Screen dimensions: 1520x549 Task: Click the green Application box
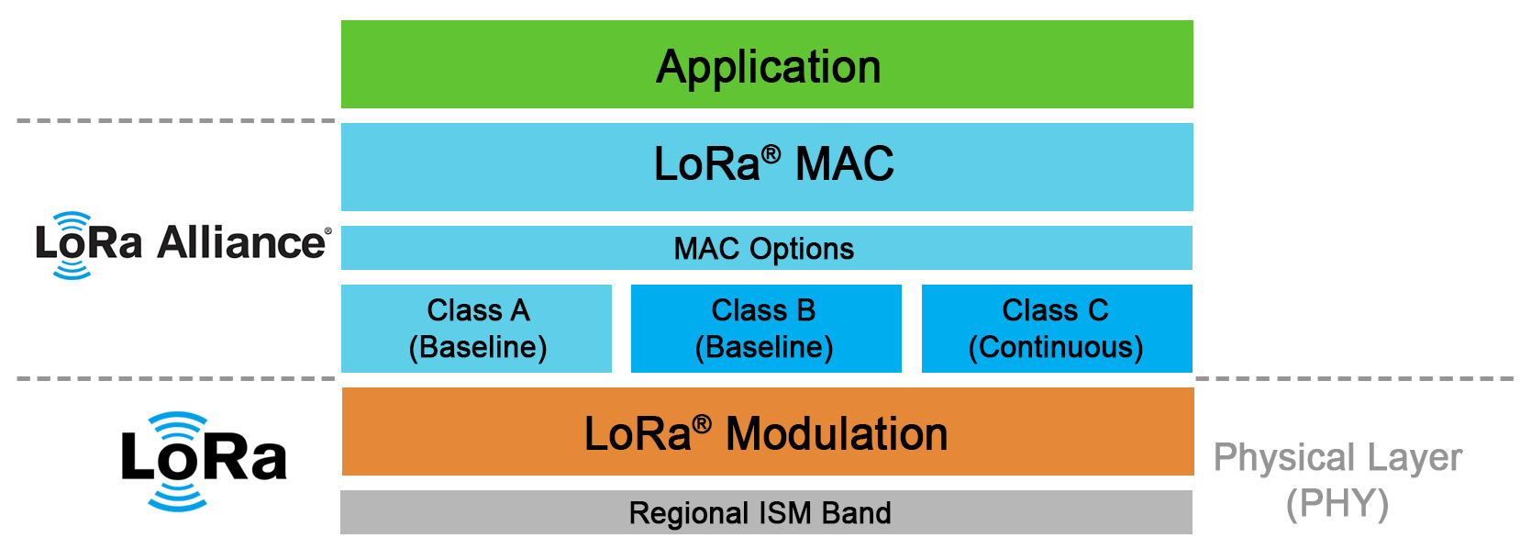tap(767, 64)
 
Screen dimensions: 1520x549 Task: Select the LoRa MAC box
tap(767, 166)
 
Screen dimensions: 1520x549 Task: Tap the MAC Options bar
tap(767, 248)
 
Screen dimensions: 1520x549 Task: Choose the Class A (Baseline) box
tap(476, 328)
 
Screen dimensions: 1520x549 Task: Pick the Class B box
tap(766, 328)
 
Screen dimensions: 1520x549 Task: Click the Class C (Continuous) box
tap(1057, 328)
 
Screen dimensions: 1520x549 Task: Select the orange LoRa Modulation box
tap(768, 431)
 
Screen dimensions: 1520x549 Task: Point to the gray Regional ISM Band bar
tap(766, 512)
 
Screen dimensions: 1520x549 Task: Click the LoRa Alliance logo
tap(183, 244)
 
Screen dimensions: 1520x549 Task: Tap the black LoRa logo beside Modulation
tap(204, 461)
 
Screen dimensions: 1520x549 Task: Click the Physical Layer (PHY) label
tap(1337, 480)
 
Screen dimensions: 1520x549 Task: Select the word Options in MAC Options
tap(802, 249)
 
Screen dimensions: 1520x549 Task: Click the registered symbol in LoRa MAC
tap(771, 154)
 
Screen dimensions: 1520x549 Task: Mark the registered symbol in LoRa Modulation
tap(702, 425)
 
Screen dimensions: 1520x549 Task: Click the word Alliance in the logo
tap(241, 242)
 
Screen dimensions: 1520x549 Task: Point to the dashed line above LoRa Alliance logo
tap(176, 121)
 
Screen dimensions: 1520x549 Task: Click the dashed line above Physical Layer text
tap(1355, 378)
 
